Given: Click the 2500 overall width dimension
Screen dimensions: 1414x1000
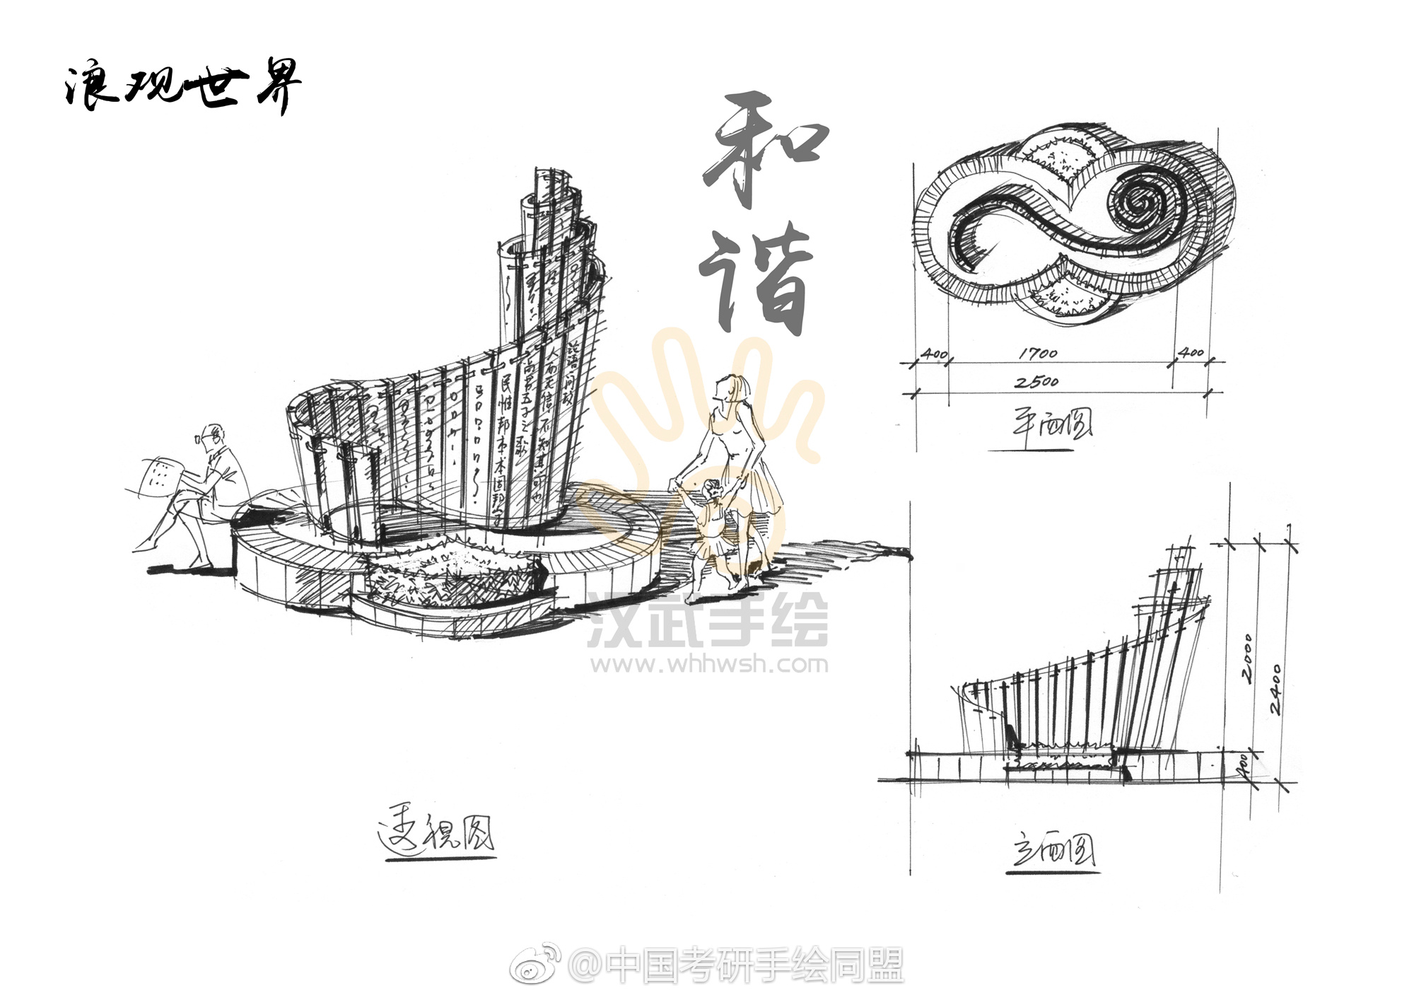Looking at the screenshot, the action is tap(1036, 382).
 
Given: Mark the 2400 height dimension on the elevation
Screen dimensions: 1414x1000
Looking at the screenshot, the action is tap(1274, 689).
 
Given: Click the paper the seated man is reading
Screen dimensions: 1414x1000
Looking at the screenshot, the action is tap(161, 477).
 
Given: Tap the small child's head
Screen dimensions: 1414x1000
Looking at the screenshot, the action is tap(713, 492).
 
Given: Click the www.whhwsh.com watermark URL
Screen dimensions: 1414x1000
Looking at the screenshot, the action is tap(710, 664).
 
